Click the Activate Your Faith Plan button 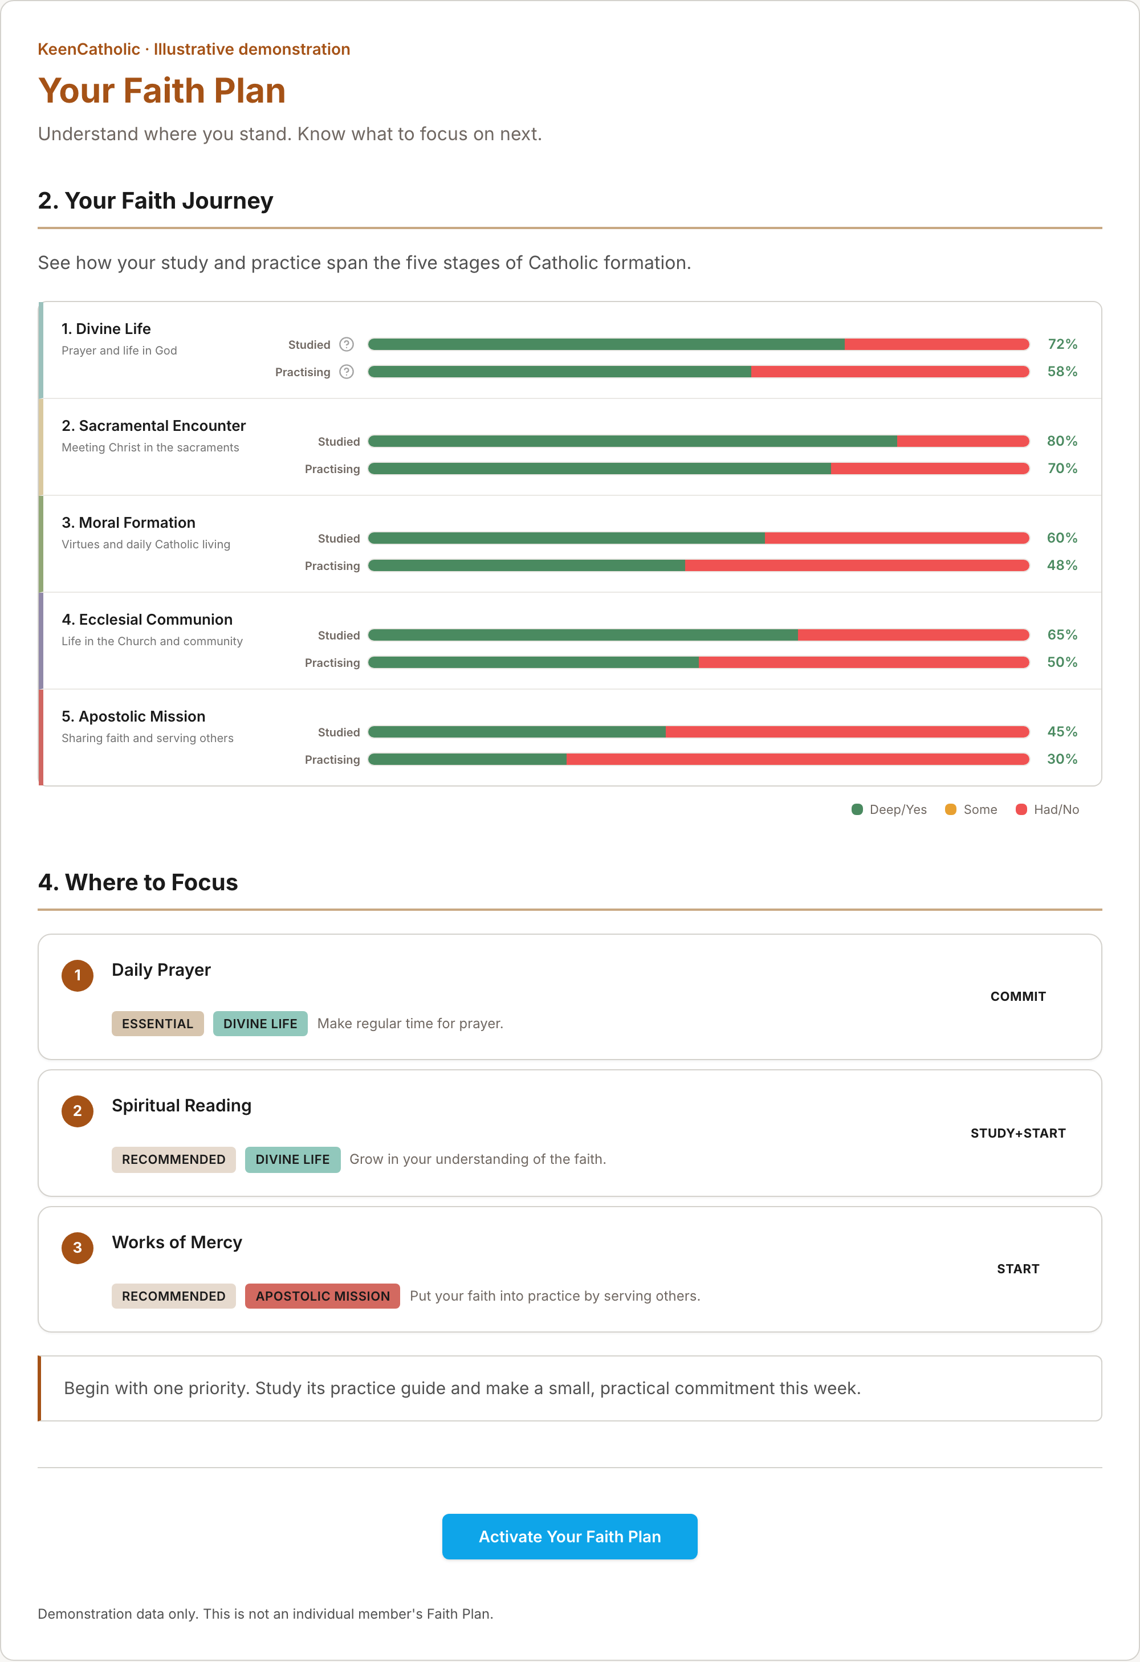569,1536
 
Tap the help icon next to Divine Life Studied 346,344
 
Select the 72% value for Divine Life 1062,344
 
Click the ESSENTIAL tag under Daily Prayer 157,1024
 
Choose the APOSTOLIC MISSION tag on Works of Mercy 323,1296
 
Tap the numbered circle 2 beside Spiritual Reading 78,1111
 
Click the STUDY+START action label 1017,1133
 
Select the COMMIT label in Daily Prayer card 1017,996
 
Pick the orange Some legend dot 951,809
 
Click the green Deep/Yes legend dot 857,809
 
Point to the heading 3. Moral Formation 128,522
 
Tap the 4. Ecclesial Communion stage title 146,620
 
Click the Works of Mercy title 177,1242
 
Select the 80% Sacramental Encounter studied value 1062,441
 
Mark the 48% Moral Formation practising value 1062,565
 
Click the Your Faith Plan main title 162,91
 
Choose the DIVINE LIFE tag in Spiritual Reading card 292,1159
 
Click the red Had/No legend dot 1021,809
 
